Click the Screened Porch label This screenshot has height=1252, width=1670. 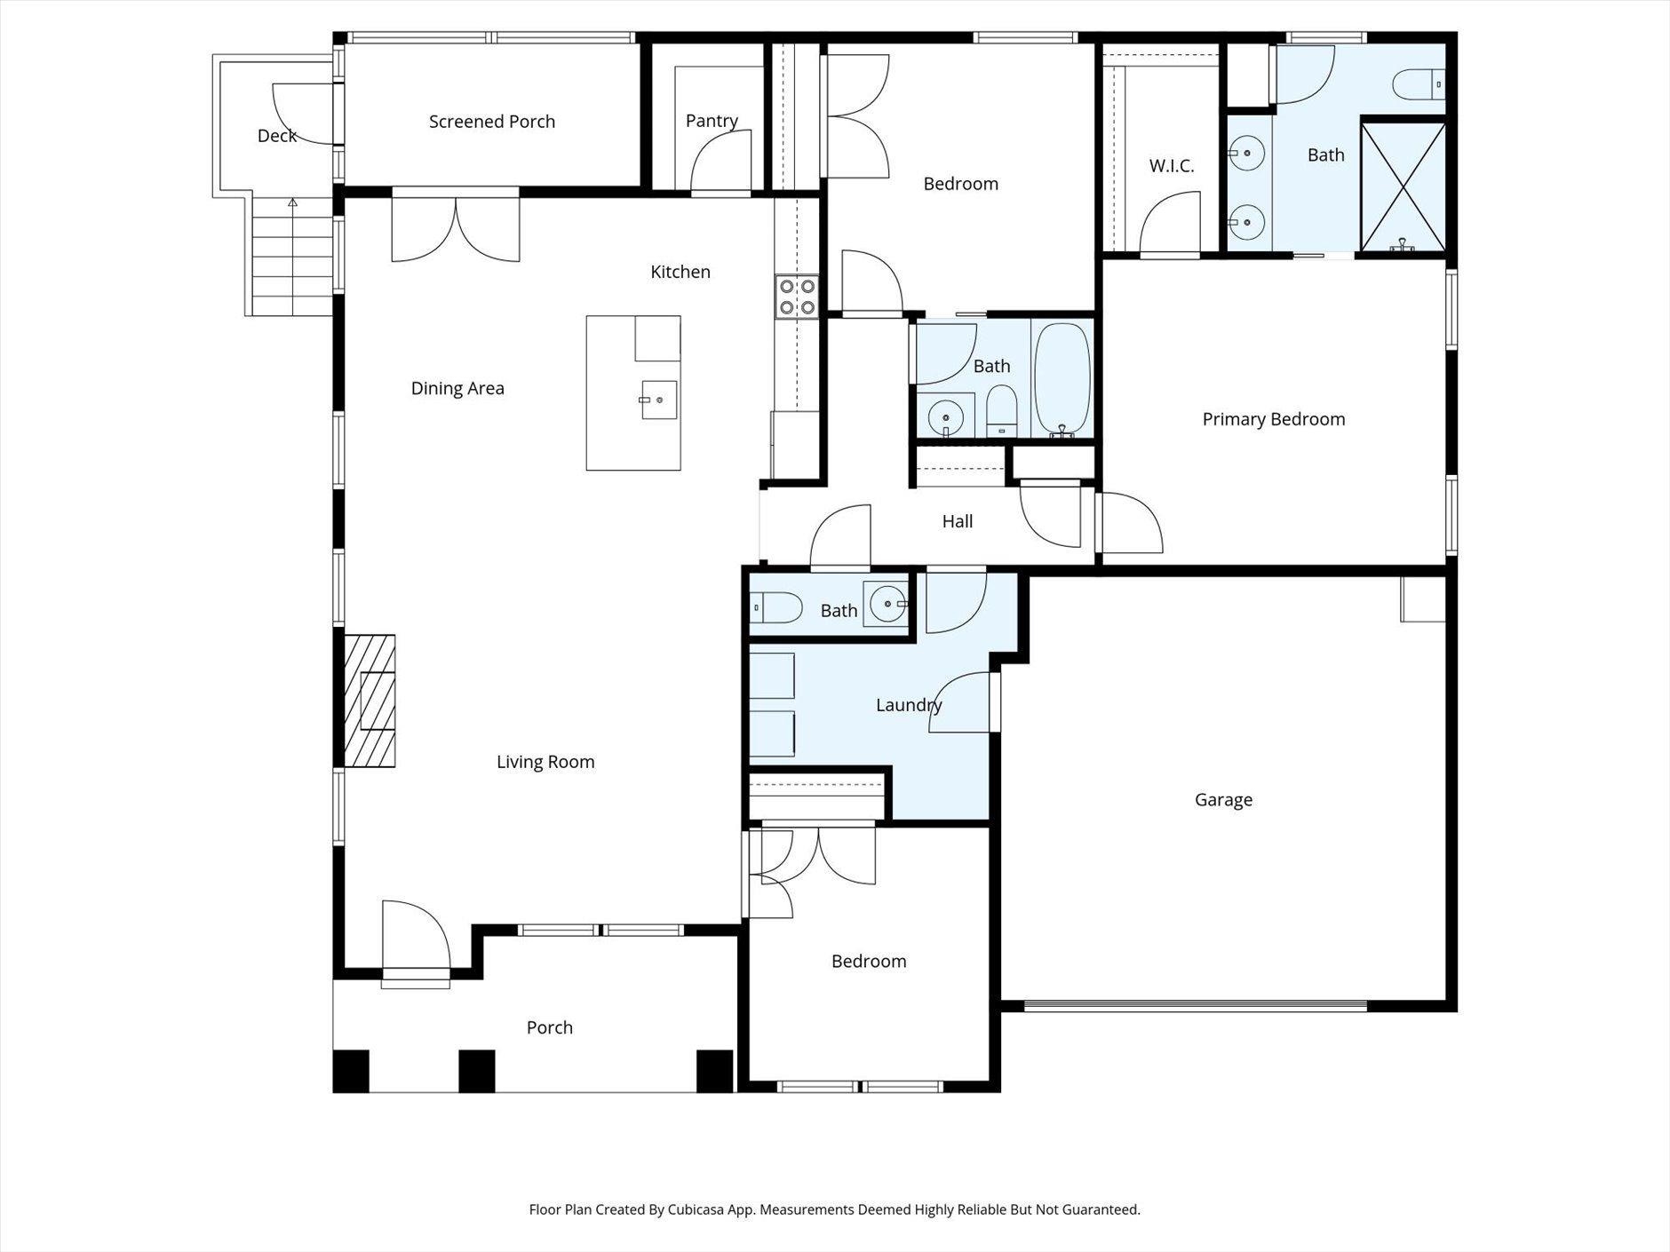tap(491, 122)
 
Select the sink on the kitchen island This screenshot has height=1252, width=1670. tap(658, 400)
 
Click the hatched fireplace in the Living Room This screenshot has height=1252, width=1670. tap(370, 701)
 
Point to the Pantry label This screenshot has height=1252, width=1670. tap(712, 121)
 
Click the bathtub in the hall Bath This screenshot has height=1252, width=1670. tap(1062, 380)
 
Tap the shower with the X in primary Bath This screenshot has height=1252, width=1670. tap(1403, 186)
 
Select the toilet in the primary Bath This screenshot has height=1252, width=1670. tap(1418, 85)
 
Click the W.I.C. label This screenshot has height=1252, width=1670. tap(1171, 166)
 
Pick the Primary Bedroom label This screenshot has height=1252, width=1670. tap(1273, 419)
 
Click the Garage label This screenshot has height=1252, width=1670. tap(1223, 800)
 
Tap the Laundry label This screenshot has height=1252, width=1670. tap(908, 705)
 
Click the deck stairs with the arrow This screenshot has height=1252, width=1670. tap(291, 258)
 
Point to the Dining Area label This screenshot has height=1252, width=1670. tap(457, 388)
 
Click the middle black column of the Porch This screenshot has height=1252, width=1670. tap(476, 1071)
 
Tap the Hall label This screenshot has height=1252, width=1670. tap(957, 521)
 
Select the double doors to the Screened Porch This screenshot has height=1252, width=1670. tap(456, 228)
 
